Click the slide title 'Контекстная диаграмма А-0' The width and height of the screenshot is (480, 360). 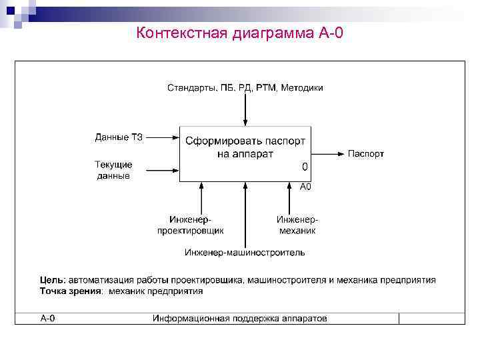click(x=239, y=33)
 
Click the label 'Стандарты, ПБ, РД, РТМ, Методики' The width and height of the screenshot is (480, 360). click(x=245, y=88)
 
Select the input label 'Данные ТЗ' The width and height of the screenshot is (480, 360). click(x=119, y=138)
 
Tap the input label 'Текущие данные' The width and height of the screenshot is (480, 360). click(x=113, y=170)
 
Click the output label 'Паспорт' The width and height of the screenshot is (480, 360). click(x=366, y=154)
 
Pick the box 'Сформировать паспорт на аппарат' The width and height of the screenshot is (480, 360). click(x=245, y=153)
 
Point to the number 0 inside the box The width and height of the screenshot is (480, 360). click(x=305, y=167)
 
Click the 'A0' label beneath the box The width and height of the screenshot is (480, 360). click(x=305, y=187)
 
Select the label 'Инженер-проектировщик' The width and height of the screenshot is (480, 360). click(x=190, y=225)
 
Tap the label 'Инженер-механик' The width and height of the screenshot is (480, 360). click(x=297, y=225)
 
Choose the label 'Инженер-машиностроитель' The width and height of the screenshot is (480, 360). click(x=245, y=253)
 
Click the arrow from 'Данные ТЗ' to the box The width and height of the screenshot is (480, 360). click(x=162, y=138)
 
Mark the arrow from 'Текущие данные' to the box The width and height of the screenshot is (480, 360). click(x=162, y=170)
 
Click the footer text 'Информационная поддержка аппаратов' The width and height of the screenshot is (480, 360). click(x=239, y=319)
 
